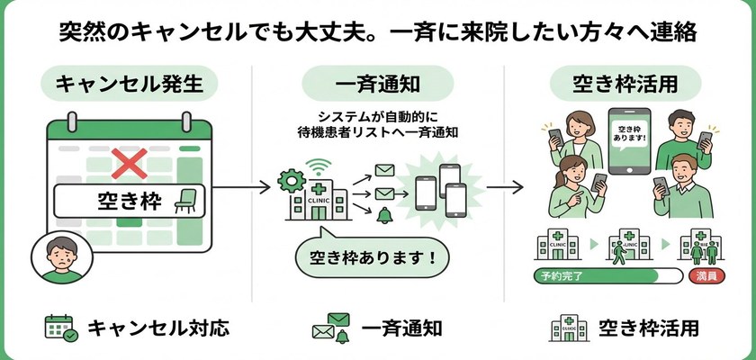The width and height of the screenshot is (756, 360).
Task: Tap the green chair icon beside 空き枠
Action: point(188,200)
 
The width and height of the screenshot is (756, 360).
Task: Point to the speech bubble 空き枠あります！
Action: point(371,257)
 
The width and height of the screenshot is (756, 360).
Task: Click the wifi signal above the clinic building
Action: point(316,166)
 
